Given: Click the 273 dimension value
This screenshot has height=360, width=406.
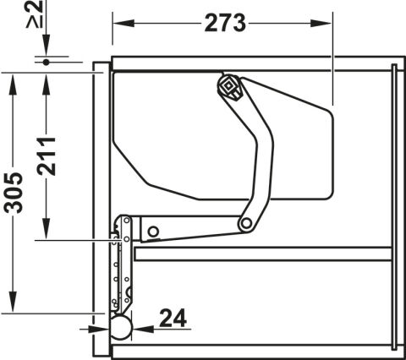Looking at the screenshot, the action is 225,23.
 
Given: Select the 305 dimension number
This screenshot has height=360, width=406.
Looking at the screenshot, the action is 14,193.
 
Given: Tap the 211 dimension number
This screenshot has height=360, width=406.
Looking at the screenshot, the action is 47,156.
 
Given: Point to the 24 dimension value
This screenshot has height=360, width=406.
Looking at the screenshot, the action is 173,318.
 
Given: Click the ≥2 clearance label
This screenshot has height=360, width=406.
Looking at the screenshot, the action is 35,14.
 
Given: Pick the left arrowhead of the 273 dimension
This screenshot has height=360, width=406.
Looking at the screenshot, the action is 123,23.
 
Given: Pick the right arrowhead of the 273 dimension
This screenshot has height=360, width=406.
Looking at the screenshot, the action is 321,23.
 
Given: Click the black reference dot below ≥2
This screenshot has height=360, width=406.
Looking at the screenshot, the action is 47,63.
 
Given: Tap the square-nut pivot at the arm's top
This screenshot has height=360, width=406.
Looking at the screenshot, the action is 229,87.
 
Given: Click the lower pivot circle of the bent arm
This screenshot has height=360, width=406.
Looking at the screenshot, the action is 246,224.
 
